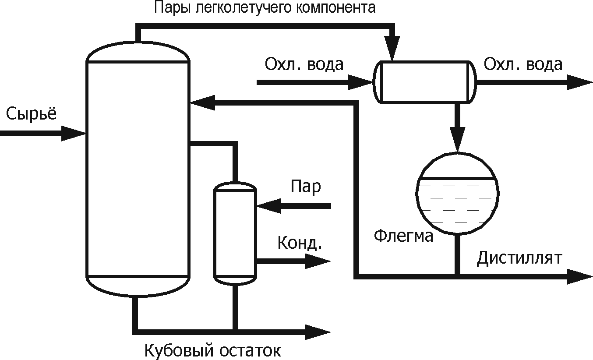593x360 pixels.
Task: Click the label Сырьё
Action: click(x=32, y=114)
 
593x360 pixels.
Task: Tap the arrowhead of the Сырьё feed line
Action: click(x=74, y=133)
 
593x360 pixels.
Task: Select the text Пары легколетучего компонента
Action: click(x=265, y=8)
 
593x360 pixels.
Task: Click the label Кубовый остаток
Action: click(x=212, y=350)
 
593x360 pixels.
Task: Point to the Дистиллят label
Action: click(x=519, y=258)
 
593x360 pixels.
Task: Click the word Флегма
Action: click(x=403, y=236)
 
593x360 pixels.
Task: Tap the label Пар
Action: click(x=306, y=187)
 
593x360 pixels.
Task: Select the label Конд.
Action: click(x=300, y=243)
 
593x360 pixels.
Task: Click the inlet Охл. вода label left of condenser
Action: click(x=304, y=65)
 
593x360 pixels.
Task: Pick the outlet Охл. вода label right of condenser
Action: click(x=523, y=65)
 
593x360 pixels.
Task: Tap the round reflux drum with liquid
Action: click(x=458, y=193)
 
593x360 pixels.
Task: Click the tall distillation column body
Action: click(x=138, y=170)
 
